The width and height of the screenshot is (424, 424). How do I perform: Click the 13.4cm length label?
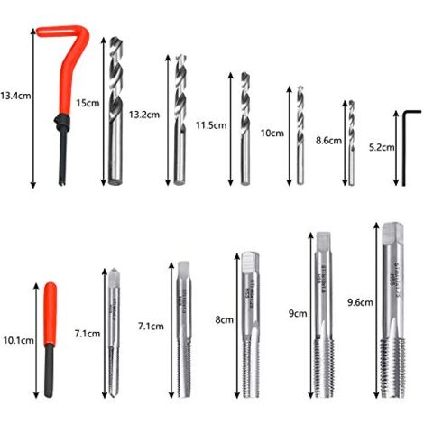click(x=15, y=95)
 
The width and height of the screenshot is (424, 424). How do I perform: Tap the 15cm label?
click(x=88, y=103)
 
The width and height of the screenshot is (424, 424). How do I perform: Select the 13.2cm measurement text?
click(x=144, y=115)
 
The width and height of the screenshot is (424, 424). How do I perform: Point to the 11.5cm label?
click(x=208, y=124)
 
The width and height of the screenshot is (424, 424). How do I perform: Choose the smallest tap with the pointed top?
click(x=114, y=334)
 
